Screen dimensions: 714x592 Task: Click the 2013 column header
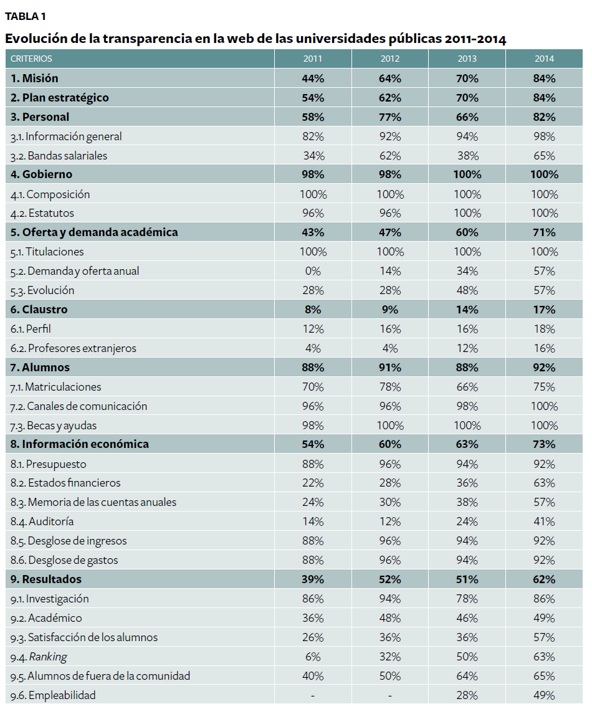coord(467,59)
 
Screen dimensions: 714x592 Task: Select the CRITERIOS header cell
coord(31,59)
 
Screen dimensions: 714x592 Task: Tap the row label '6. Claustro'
coord(39,310)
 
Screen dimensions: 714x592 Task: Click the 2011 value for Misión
coord(313,79)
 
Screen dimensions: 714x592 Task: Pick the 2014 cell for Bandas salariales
coord(545,156)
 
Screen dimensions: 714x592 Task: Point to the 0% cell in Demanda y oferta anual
coord(313,271)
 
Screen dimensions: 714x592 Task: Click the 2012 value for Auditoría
coord(390,521)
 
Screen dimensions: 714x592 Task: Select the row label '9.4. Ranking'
coord(39,657)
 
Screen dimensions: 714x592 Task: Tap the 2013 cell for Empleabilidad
coord(467,695)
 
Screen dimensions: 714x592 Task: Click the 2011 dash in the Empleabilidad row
coord(313,695)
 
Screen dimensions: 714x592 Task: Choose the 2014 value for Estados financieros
coord(545,483)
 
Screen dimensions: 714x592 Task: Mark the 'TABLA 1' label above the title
coord(25,16)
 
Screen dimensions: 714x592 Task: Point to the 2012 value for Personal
coord(390,117)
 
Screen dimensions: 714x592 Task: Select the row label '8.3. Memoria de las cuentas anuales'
coord(93,502)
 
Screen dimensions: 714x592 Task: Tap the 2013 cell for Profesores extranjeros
coord(467,348)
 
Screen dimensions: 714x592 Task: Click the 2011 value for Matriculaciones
coord(313,387)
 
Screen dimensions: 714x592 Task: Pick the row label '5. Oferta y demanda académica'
coord(94,232)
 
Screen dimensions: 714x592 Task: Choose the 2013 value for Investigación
coord(467,599)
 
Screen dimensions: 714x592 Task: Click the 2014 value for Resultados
coord(545,579)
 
